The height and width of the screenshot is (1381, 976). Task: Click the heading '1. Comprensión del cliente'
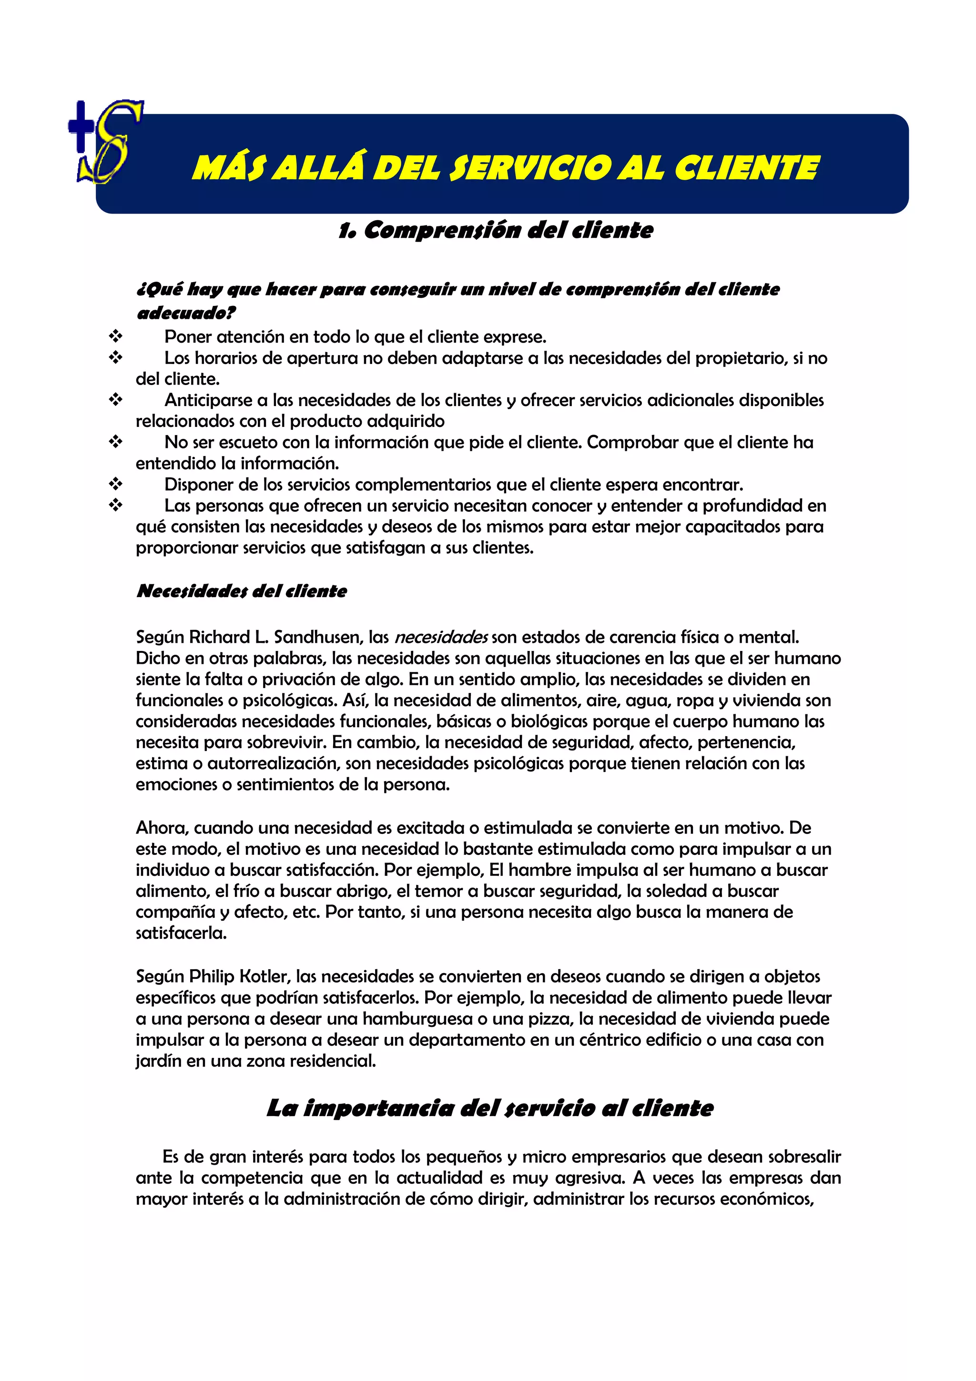(x=496, y=230)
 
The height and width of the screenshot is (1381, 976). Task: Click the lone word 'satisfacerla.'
(x=181, y=933)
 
